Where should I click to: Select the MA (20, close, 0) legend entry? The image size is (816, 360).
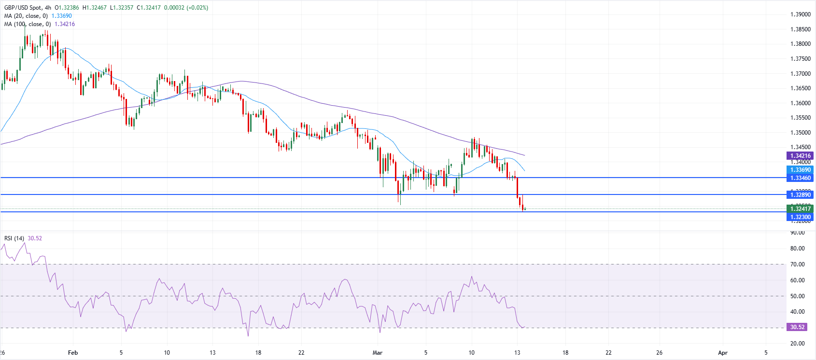tap(26, 16)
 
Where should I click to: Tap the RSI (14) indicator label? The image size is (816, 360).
tap(14, 238)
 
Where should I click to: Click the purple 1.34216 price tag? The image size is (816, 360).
tap(801, 156)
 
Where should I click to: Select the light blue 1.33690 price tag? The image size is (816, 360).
tap(801, 170)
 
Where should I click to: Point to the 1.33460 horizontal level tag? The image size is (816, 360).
tap(801, 178)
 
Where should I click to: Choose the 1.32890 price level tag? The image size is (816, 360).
tap(801, 195)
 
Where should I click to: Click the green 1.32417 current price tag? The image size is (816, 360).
tap(801, 209)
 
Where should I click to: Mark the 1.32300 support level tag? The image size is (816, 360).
tap(801, 217)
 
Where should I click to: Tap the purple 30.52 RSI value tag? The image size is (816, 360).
tap(797, 327)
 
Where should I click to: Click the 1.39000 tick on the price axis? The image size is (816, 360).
tap(800, 14)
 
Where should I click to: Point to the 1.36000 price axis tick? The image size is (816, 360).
tap(800, 103)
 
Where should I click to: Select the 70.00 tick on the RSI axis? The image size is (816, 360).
tap(797, 264)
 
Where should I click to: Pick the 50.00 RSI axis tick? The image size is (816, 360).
tap(797, 296)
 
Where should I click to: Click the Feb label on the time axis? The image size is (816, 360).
tap(73, 353)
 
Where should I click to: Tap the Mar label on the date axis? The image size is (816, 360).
tap(378, 353)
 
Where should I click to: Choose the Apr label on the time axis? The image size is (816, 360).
tap(723, 353)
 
